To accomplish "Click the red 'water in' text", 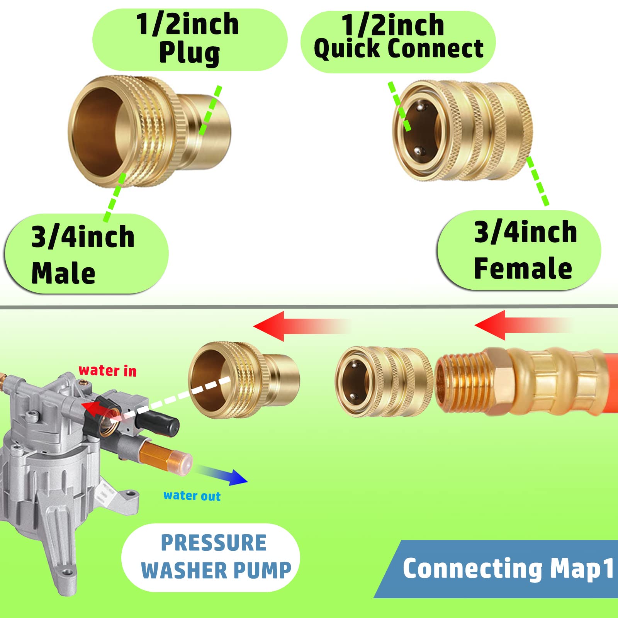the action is (108, 370).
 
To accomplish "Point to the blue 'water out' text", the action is (192, 496).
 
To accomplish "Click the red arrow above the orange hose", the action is (523, 325).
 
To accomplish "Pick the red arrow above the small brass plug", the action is (301, 326).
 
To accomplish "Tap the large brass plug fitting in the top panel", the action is (149, 131).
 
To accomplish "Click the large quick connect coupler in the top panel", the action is (462, 131).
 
